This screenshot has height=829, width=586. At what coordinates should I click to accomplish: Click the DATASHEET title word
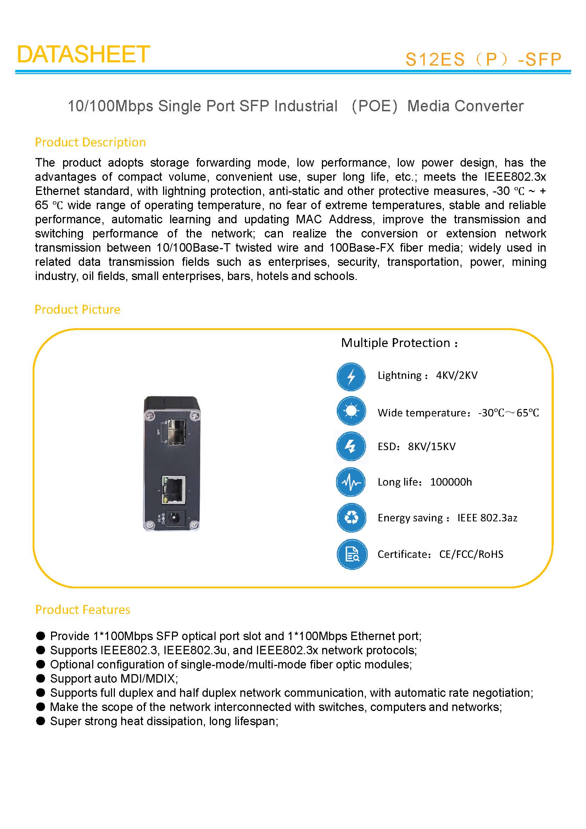click(83, 55)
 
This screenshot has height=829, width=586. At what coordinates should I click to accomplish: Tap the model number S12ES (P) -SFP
click(483, 60)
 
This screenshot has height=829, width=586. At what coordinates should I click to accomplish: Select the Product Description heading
click(90, 142)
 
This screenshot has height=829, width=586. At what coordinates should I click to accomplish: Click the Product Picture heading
click(77, 309)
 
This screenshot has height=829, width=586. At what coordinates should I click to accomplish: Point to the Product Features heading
click(82, 610)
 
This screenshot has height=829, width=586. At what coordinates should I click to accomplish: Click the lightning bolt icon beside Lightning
click(351, 377)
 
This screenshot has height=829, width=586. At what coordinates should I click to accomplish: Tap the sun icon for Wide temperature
click(351, 411)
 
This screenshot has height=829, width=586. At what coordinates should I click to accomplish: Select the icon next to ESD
click(351, 447)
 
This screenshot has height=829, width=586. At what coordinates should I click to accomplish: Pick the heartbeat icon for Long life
click(351, 482)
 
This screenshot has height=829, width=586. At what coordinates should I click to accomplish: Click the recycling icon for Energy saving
click(351, 518)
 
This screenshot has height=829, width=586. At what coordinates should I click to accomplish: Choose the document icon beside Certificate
click(352, 554)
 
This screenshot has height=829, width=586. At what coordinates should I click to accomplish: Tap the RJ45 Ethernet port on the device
click(173, 489)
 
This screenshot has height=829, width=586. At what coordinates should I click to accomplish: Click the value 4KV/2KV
click(456, 375)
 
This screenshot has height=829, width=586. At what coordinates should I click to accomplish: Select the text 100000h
click(451, 482)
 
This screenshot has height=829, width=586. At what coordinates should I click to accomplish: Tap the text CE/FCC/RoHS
click(471, 554)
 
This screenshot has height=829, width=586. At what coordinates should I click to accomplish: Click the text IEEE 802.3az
click(487, 518)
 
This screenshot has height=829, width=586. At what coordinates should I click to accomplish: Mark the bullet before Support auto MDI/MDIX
click(40, 678)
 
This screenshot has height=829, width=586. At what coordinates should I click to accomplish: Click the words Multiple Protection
click(395, 343)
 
